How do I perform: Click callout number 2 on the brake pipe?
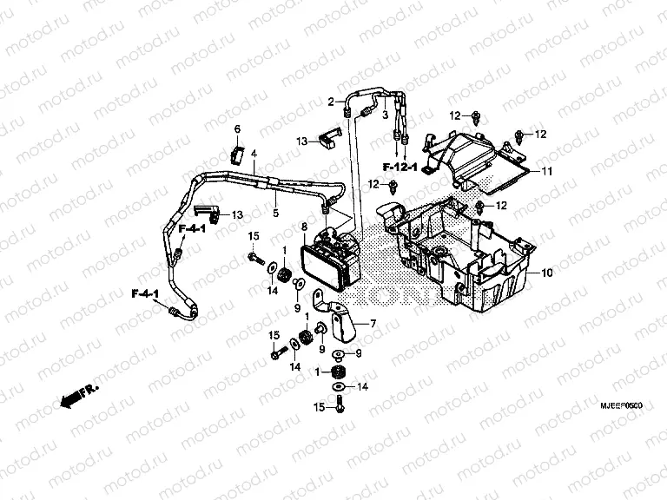click(331, 102)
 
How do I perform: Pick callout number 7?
click(373, 324)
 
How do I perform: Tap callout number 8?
click(304, 227)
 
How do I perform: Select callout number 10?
click(547, 273)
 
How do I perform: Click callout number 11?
click(548, 171)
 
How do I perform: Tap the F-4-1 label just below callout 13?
click(192, 229)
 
